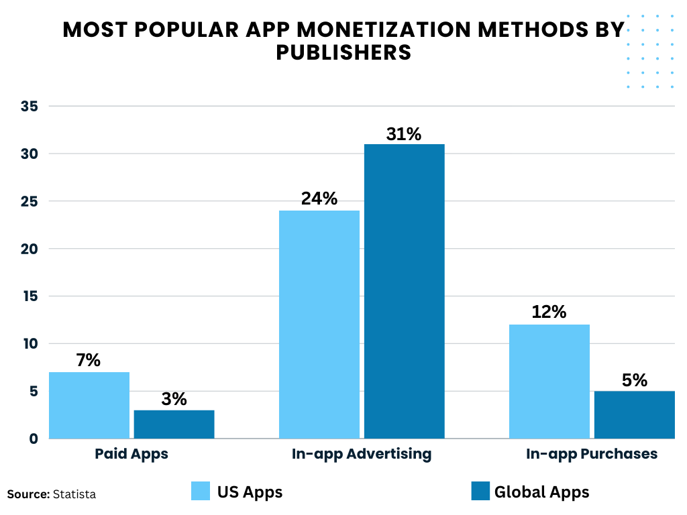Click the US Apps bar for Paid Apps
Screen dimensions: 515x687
point(89,405)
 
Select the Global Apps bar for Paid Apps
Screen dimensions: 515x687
point(174,424)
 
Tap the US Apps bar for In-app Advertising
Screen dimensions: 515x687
point(319,325)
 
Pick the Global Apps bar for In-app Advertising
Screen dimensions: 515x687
point(404,291)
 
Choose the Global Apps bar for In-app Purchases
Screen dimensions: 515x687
point(634,414)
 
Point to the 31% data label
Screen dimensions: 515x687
point(404,134)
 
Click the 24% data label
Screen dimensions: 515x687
point(319,199)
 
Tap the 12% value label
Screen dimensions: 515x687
point(549,312)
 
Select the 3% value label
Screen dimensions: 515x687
point(174,399)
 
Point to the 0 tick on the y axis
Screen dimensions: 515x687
point(34,439)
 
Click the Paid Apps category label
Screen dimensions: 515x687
point(131,454)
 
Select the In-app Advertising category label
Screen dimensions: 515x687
point(362,454)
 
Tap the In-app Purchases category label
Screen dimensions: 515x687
point(592,454)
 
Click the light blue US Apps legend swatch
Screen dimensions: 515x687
point(201,491)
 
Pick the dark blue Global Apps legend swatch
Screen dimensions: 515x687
point(480,491)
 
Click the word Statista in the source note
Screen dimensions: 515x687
point(74,494)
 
